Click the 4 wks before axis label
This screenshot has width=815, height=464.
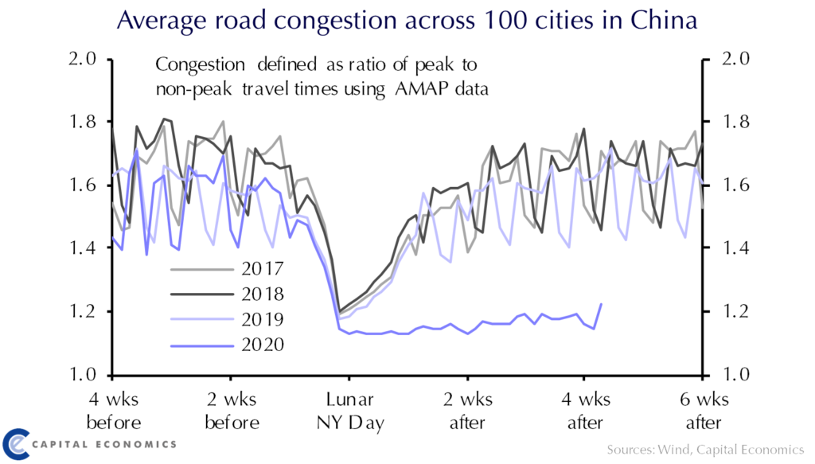[114, 410]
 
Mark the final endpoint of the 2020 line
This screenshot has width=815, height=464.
[601, 304]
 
